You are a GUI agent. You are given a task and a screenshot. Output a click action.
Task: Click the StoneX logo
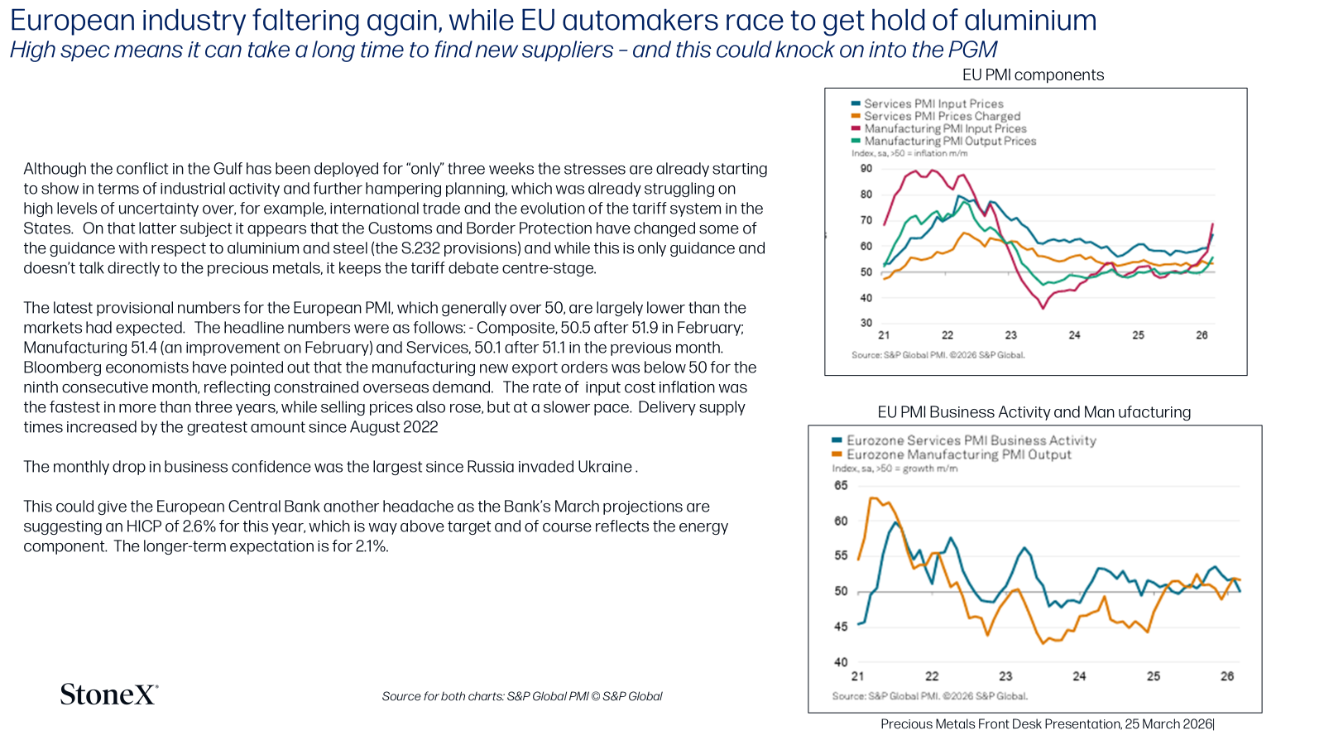pos(109,695)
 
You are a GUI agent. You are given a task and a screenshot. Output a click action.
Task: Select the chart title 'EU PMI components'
pos(1033,75)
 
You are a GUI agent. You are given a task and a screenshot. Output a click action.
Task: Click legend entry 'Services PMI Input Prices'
pos(933,103)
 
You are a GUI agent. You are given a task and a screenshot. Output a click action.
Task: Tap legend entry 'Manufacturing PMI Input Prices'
pos(945,128)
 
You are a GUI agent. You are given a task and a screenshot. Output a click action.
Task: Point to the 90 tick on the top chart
pos(866,169)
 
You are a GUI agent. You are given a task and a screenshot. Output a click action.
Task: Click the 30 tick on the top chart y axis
pos(866,323)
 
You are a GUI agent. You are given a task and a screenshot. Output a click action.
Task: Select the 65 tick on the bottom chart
pos(841,485)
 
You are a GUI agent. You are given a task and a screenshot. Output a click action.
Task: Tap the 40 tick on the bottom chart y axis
pos(841,662)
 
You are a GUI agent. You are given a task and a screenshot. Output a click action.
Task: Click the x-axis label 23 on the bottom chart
pos(1005,675)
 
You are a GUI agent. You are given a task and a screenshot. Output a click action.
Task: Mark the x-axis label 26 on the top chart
pos(1202,335)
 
